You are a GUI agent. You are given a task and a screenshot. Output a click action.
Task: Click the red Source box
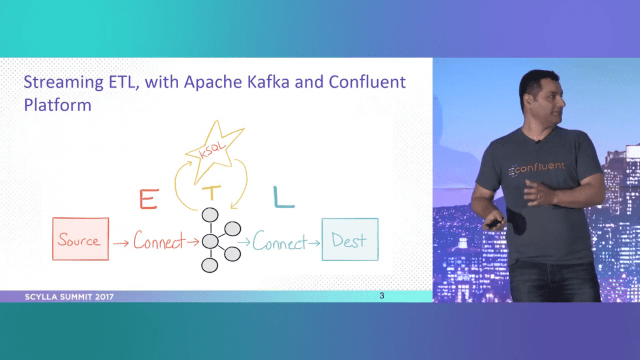(80, 239)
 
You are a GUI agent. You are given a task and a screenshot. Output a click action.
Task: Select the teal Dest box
(350, 239)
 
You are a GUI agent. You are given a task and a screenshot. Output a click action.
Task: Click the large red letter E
(149, 199)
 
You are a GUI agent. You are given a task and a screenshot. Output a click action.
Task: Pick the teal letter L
(283, 197)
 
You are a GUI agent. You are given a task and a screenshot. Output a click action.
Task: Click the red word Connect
(158, 240)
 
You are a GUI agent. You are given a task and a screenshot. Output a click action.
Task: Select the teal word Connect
(279, 241)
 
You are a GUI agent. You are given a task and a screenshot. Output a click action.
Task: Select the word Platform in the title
(57, 105)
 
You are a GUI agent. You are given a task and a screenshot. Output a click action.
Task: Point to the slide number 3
(382, 296)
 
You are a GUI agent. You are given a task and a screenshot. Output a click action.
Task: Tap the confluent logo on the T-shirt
(536, 167)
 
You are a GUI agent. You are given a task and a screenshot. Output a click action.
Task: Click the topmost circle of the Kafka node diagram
(209, 215)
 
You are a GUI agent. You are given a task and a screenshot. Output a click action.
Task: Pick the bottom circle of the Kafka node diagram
(209, 265)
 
